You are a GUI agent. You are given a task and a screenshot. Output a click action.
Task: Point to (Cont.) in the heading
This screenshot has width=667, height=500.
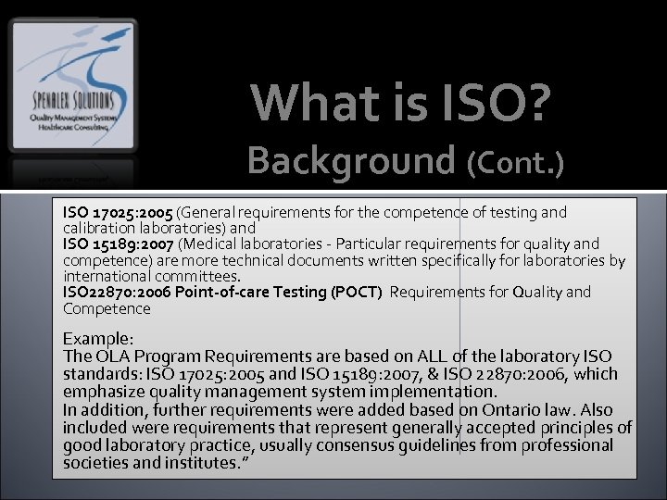pyautogui.click(x=516, y=162)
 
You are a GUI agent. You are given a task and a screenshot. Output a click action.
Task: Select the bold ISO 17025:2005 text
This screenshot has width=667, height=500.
pyautogui.click(x=118, y=213)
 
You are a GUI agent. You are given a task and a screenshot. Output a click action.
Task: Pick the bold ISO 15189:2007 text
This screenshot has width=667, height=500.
pyautogui.click(x=118, y=244)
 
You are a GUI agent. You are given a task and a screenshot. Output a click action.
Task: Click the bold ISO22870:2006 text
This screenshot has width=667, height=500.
pyautogui.click(x=113, y=293)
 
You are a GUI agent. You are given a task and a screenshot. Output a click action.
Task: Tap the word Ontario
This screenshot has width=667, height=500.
pyautogui.click(x=516, y=409)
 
